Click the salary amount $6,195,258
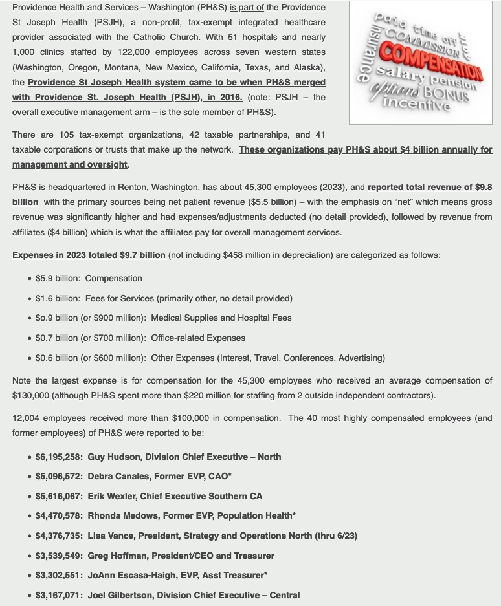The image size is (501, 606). [x=59, y=457]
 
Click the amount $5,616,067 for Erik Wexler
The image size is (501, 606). [x=59, y=496]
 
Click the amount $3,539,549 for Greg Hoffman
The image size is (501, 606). [x=59, y=556]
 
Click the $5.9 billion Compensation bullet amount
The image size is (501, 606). [x=58, y=278]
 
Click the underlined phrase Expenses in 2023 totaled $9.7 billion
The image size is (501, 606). [x=89, y=255]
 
